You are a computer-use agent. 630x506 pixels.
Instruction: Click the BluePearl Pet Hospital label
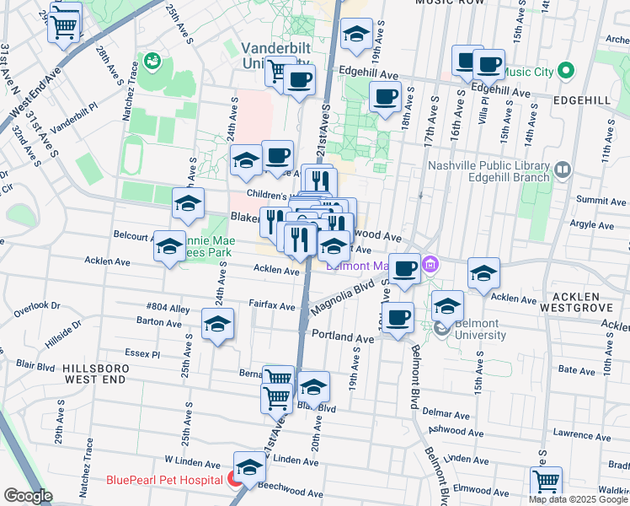164,481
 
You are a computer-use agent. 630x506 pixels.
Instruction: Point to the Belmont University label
481,329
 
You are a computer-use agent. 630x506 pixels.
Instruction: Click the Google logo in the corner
29,495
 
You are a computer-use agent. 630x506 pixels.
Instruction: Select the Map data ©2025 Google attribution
578,499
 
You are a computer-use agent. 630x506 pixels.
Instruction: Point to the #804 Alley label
168,308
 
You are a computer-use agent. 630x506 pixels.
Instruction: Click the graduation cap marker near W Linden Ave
249,466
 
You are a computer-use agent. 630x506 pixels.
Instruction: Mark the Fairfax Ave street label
271,304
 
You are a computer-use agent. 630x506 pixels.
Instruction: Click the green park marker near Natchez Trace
152,60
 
